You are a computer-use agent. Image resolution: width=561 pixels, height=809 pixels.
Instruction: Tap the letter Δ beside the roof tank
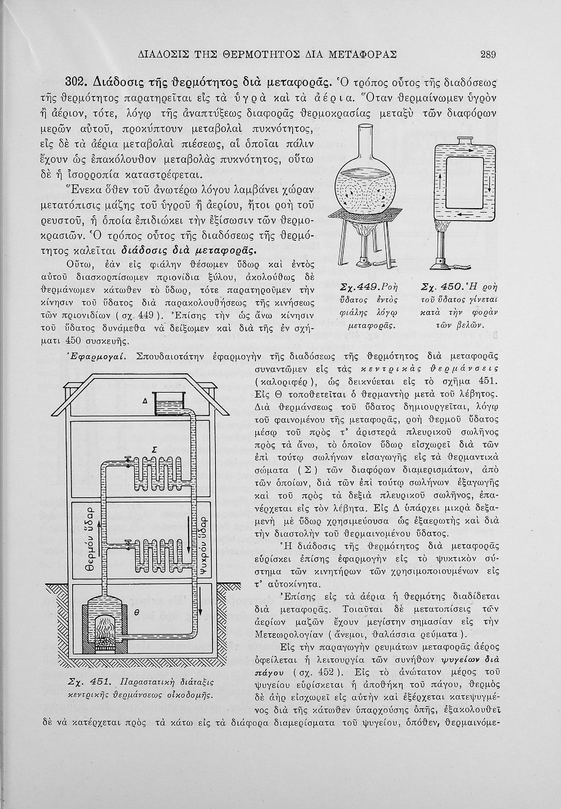145,400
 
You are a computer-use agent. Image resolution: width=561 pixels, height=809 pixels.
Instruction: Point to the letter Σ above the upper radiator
155,449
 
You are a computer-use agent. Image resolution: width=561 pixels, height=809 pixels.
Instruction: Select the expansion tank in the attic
170,404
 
